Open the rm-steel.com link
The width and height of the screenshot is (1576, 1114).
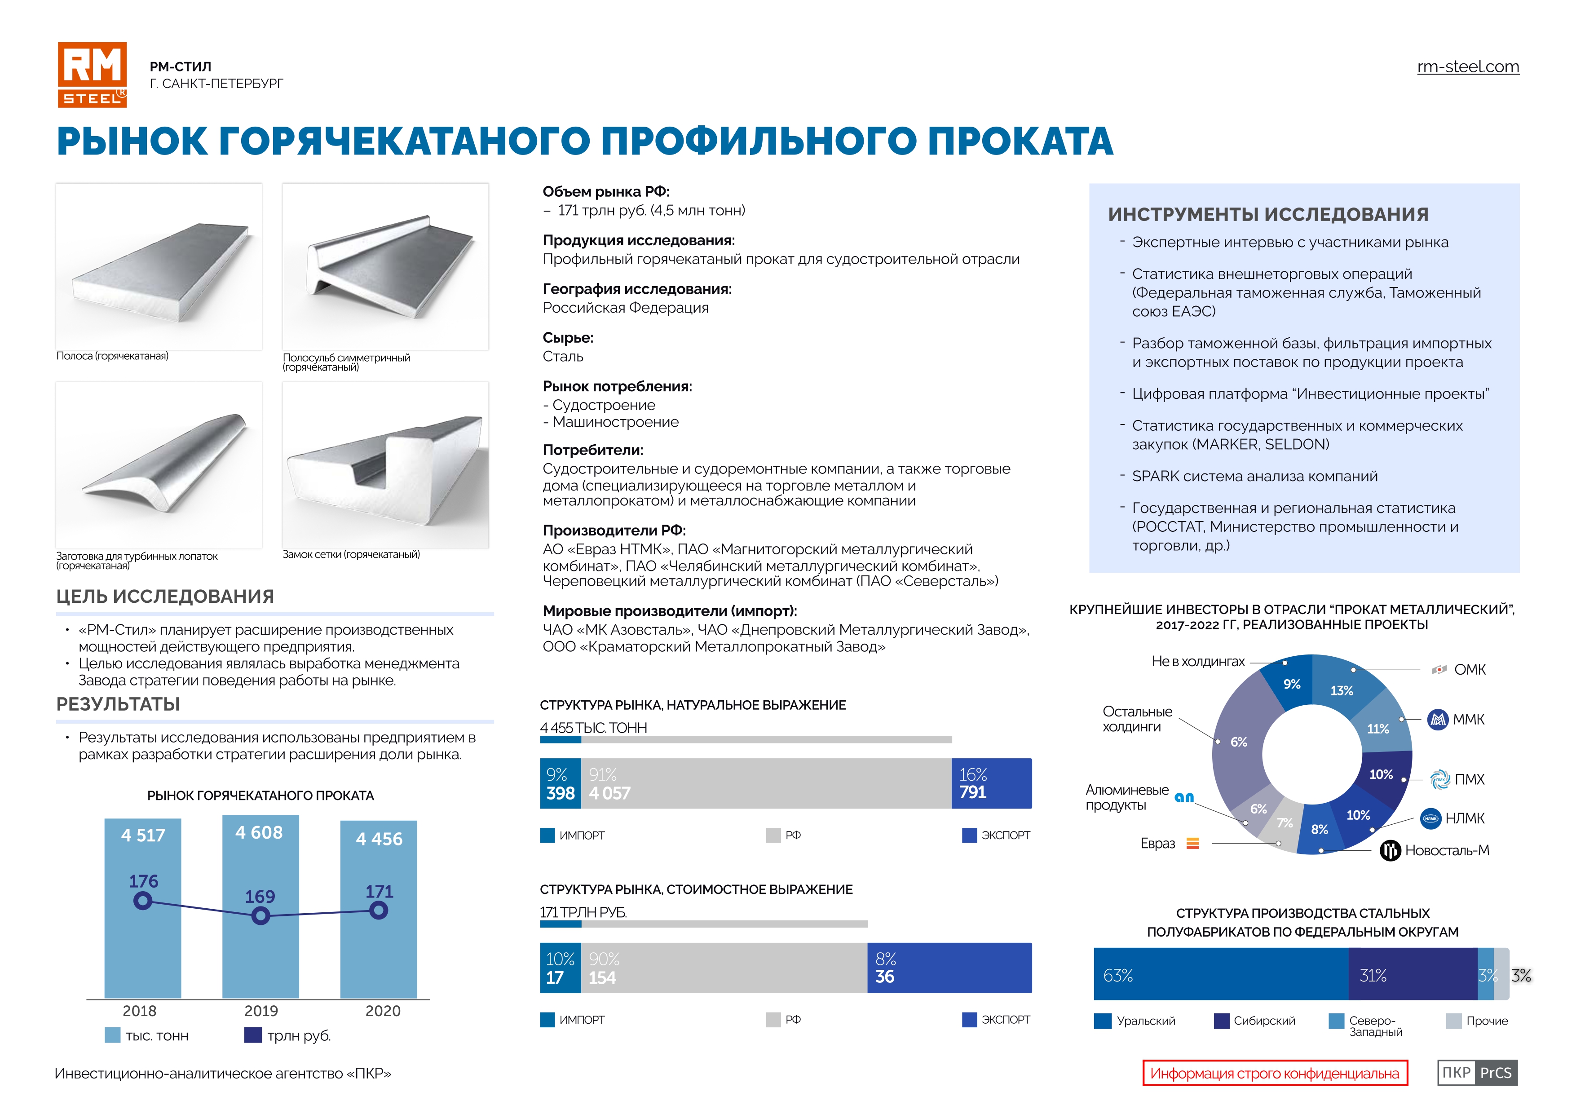pos(1468,66)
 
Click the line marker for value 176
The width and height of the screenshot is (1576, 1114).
pos(143,901)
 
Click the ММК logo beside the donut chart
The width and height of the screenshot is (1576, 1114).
pos(1437,719)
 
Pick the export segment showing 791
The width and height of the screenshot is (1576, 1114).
pos(991,783)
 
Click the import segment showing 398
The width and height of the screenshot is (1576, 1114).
pos(560,783)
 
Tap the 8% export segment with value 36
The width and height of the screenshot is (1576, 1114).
pos(949,968)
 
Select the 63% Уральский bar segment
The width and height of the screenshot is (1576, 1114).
pos(1220,974)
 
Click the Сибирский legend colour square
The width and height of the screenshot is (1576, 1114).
pos(1221,1021)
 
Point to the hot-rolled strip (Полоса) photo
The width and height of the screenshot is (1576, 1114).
pos(159,267)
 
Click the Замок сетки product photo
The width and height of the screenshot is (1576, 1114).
pos(385,465)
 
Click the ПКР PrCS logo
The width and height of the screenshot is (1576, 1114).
pos(1477,1073)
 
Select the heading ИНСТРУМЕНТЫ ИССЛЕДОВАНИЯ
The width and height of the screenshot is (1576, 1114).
pos(1268,214)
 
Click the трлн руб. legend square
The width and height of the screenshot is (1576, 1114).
pos(252,1035)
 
